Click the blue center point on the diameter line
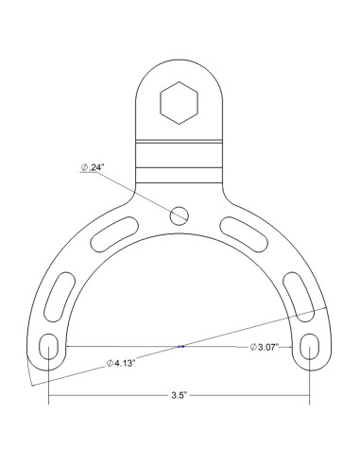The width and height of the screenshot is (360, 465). point(180,347)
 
